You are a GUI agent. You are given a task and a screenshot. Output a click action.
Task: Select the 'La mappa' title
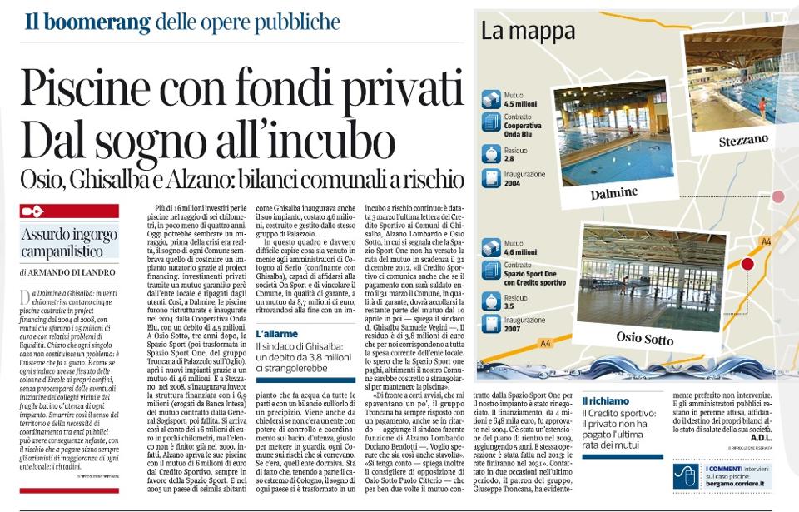527,32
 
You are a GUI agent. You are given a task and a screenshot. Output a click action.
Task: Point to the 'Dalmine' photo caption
614,193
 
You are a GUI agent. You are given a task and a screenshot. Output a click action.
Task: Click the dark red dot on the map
747,264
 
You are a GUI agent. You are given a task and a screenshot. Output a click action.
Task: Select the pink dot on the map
778,196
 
